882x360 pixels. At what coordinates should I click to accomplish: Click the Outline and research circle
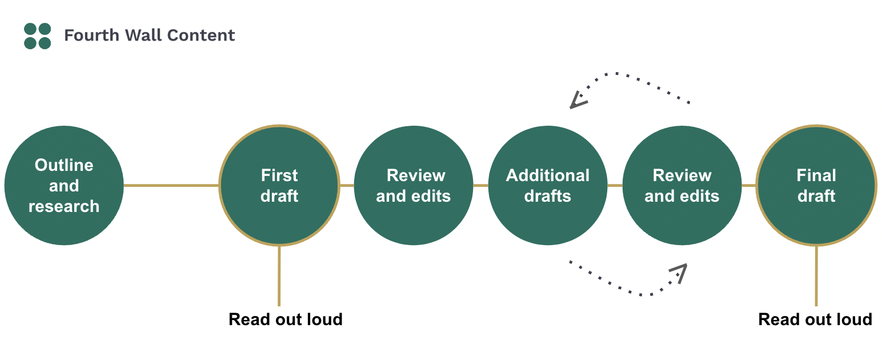64,186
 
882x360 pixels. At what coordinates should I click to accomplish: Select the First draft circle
279,186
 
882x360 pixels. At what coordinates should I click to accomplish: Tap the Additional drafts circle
548,186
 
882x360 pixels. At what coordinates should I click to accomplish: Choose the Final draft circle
816,186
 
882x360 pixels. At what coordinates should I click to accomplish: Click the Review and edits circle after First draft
414,186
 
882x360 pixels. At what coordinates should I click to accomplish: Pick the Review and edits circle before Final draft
682,186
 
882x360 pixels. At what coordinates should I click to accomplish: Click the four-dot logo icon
38,36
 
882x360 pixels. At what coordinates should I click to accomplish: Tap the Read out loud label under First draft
286,319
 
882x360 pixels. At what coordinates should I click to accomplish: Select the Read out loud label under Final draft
815,319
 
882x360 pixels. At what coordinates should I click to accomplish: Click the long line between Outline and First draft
171,185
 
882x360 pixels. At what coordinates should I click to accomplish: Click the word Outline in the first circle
64,165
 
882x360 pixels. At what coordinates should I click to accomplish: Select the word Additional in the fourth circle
548,175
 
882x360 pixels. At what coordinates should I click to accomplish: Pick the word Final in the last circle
816,175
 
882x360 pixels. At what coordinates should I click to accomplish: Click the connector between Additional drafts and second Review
615,185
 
